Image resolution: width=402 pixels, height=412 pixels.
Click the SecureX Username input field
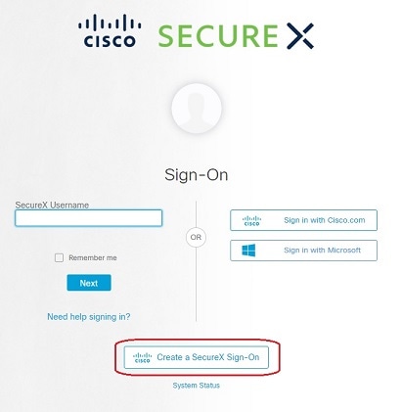click(88, 218)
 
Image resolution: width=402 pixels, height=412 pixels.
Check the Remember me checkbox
click(59, 257)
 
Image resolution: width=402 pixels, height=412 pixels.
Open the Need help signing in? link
click(89, 317)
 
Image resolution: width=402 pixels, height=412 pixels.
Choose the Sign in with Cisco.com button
click(303, 220)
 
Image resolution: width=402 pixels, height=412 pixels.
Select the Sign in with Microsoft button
click(303, 251)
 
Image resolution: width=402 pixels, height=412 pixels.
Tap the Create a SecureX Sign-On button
click(197, 357)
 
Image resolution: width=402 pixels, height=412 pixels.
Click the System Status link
click(197, 386)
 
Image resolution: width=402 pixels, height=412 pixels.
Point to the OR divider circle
click(196, 237)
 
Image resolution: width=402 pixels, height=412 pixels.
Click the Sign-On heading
click(197, 175)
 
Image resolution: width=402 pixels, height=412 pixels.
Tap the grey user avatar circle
click(197, 109)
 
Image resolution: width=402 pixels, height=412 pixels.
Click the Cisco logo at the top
click(110, 30)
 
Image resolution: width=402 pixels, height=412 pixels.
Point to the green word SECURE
click(218, 36)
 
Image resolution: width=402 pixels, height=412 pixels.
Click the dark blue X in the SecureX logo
click(300, 36)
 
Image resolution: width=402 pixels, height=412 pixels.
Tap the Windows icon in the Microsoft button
click(248, 251)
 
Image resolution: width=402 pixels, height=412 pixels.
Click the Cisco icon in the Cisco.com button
click(251, 220)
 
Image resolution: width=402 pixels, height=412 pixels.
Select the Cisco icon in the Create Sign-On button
click(143, 357)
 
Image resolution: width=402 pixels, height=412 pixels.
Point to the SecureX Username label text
click(52, 206)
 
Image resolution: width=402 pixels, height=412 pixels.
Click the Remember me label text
click(93, 257)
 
